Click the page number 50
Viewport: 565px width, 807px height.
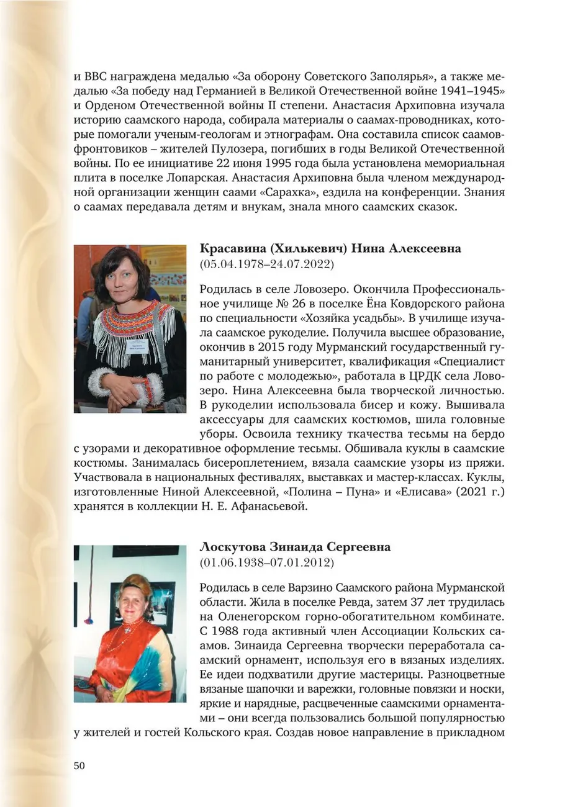(x=79, y=765)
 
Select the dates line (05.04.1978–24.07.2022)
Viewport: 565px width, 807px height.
(x=267, y=264)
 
